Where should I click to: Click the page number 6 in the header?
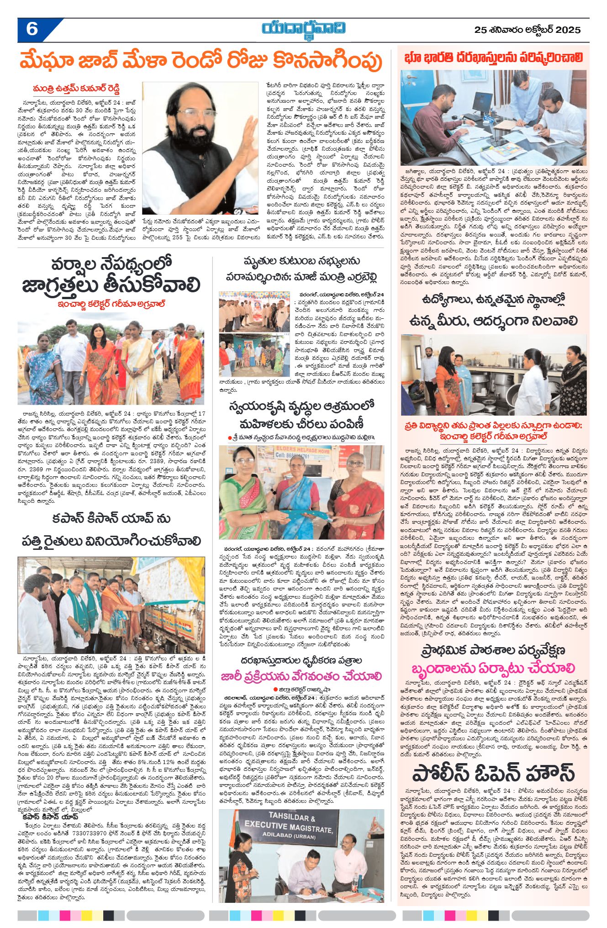coord(32,29)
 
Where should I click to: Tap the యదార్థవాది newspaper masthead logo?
coord(304,28)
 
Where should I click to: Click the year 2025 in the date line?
coord(566,30)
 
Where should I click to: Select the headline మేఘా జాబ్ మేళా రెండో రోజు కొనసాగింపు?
coord(201,61)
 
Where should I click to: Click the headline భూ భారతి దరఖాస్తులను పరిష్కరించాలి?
coord(494,58)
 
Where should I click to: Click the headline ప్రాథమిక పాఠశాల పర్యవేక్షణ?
coord(493,650)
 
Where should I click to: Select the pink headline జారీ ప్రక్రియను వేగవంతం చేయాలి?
coord(301,676)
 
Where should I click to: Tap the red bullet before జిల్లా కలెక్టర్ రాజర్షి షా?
coord(275,689)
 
